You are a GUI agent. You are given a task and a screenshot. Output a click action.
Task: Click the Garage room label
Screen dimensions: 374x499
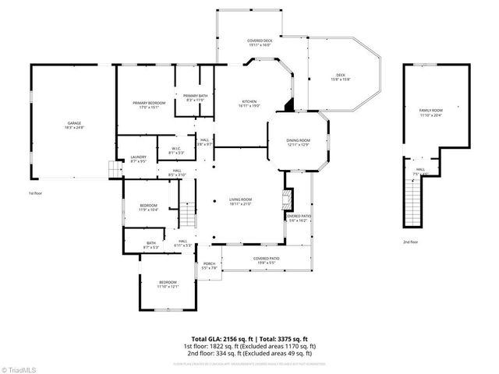pyautogui.click(x=74, y=125)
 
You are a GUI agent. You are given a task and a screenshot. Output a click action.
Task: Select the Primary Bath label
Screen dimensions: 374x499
pyautogui.click(x=194, y=97)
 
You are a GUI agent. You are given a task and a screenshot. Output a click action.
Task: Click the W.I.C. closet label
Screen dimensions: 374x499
pyautogui.click(x=176, y=150)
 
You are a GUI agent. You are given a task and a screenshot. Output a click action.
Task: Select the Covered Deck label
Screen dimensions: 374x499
pyautogui.click(x=260, y=42)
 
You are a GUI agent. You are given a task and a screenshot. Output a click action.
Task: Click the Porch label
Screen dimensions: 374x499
pyautogui.click(x=209, y=265)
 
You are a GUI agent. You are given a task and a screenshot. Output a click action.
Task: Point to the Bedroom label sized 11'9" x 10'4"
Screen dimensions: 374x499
pyautogui.click(x=148, y=207)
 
